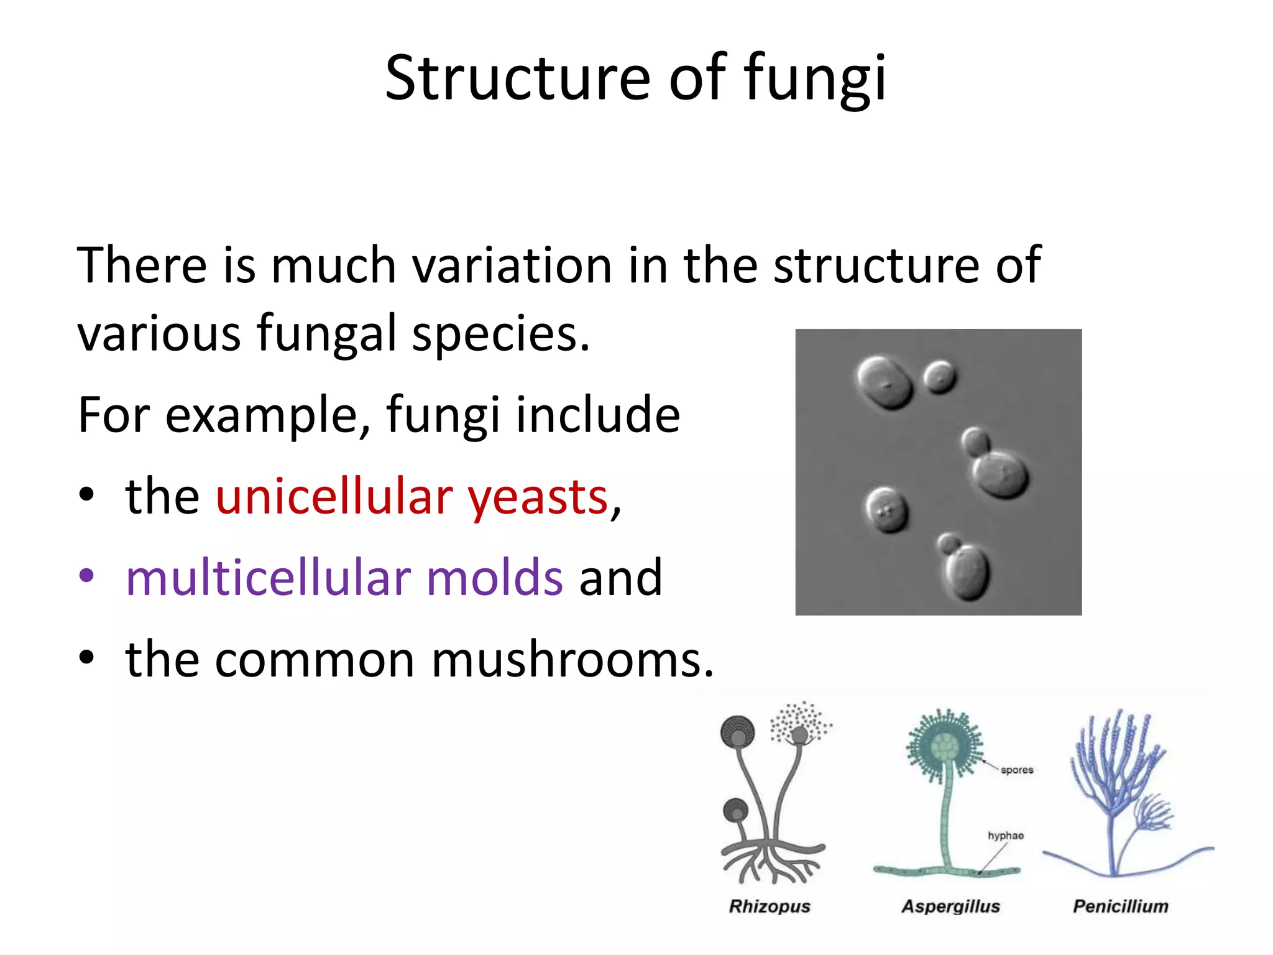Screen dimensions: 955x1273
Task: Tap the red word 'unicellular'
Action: tap(335, 497)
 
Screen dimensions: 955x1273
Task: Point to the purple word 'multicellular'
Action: tap(268, 578)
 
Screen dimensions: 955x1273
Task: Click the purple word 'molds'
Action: tap(495, 578)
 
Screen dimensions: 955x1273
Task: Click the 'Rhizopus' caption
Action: tap(770, 907)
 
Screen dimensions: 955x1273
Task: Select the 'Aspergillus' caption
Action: tap(951, 907)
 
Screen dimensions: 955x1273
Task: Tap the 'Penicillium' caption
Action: tap(1121, 907)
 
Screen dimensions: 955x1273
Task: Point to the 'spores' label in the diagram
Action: tap(1017, 770)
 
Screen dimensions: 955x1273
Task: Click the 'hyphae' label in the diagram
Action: tap(1006, 836)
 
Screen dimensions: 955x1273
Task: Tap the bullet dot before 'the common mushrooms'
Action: tap(86, 658)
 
